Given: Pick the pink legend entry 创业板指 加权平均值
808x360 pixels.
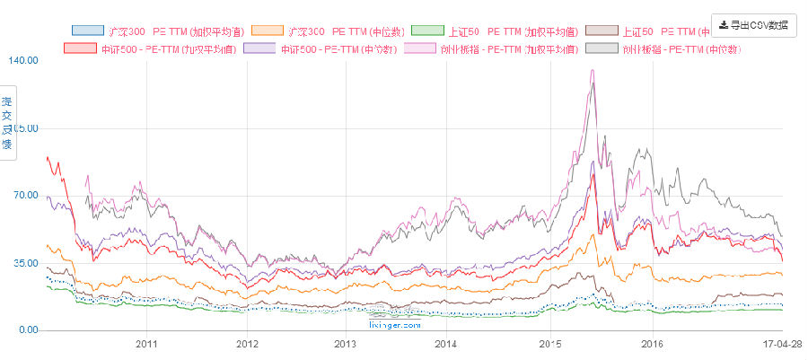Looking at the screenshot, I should click(499, 48).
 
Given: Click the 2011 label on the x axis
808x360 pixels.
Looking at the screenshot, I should click(146, 344).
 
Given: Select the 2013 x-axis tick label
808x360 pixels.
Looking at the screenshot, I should click(345, 344).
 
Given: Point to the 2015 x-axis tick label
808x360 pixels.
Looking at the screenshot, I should click(550, 344).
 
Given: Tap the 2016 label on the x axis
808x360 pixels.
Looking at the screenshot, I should click(652, 344).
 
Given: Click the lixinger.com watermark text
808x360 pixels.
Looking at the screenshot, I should click(395, 325).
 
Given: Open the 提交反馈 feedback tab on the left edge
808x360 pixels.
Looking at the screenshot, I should click(7, 123).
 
